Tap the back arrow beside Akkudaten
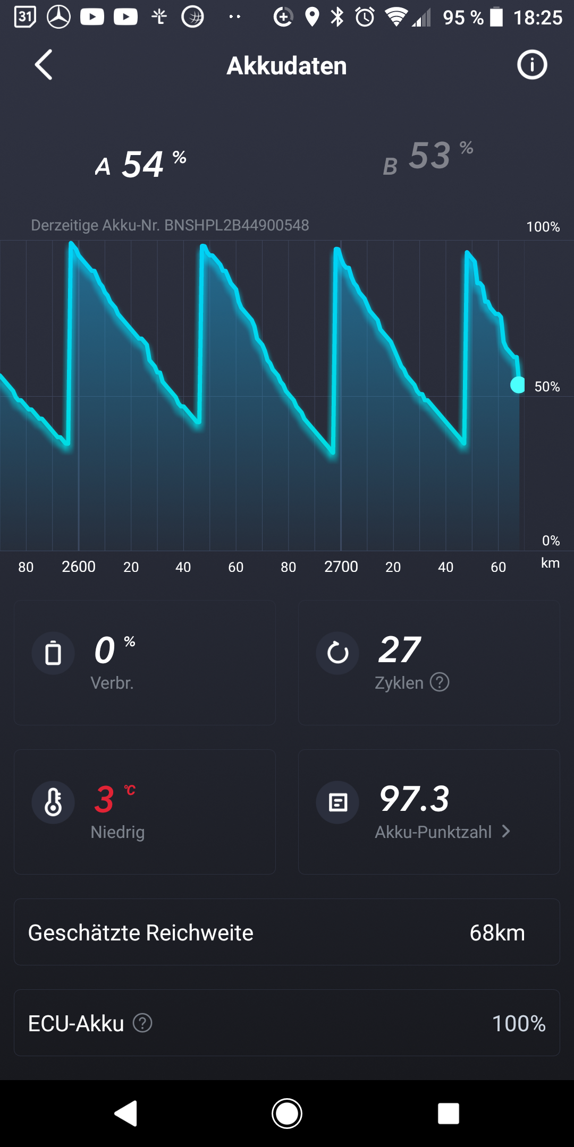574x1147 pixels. point(44,65)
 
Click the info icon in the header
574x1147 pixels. point(532,65)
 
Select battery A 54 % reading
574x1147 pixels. point(141,164)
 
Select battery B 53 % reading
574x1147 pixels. point(428,157)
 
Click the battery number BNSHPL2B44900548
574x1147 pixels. point(236,225)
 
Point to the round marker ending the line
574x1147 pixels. point(518,384)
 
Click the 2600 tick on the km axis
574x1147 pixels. point(79,567)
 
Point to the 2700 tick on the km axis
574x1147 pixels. point(341,567)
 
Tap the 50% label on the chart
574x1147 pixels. point(547,387)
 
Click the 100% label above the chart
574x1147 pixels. point(543,227)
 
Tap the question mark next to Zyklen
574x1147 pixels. point(440,682)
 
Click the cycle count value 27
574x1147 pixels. point(399,649)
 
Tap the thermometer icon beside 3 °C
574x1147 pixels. point(53,802)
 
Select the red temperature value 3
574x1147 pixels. point(104,800)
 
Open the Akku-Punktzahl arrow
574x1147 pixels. point(506,832)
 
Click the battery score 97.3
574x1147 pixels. point(415,799)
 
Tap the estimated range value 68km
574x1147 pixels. point(497,933)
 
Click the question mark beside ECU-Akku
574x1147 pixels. point(142,1023)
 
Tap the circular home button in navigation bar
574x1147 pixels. point(287,1114)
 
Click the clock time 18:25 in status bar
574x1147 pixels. point(537,18)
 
